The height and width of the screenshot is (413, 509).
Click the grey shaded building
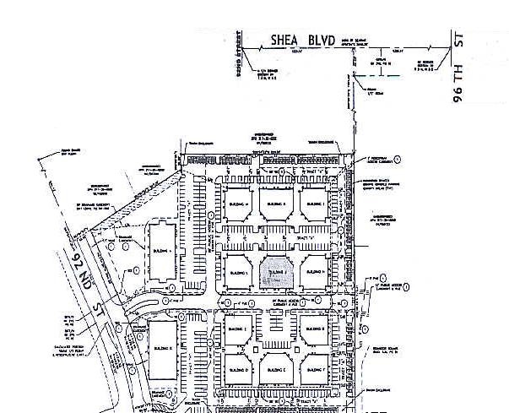click(x=275, y=273)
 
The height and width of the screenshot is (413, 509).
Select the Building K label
click(x=275, y=205)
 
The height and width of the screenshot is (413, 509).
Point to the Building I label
click(x=313, y=205)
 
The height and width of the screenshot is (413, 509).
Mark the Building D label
click(x=237, y=369)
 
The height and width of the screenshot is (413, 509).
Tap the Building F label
click(x=313, y=369)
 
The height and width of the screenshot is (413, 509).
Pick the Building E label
click(x=237, y=329)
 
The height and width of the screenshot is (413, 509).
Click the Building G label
click(x=313, y=329)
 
